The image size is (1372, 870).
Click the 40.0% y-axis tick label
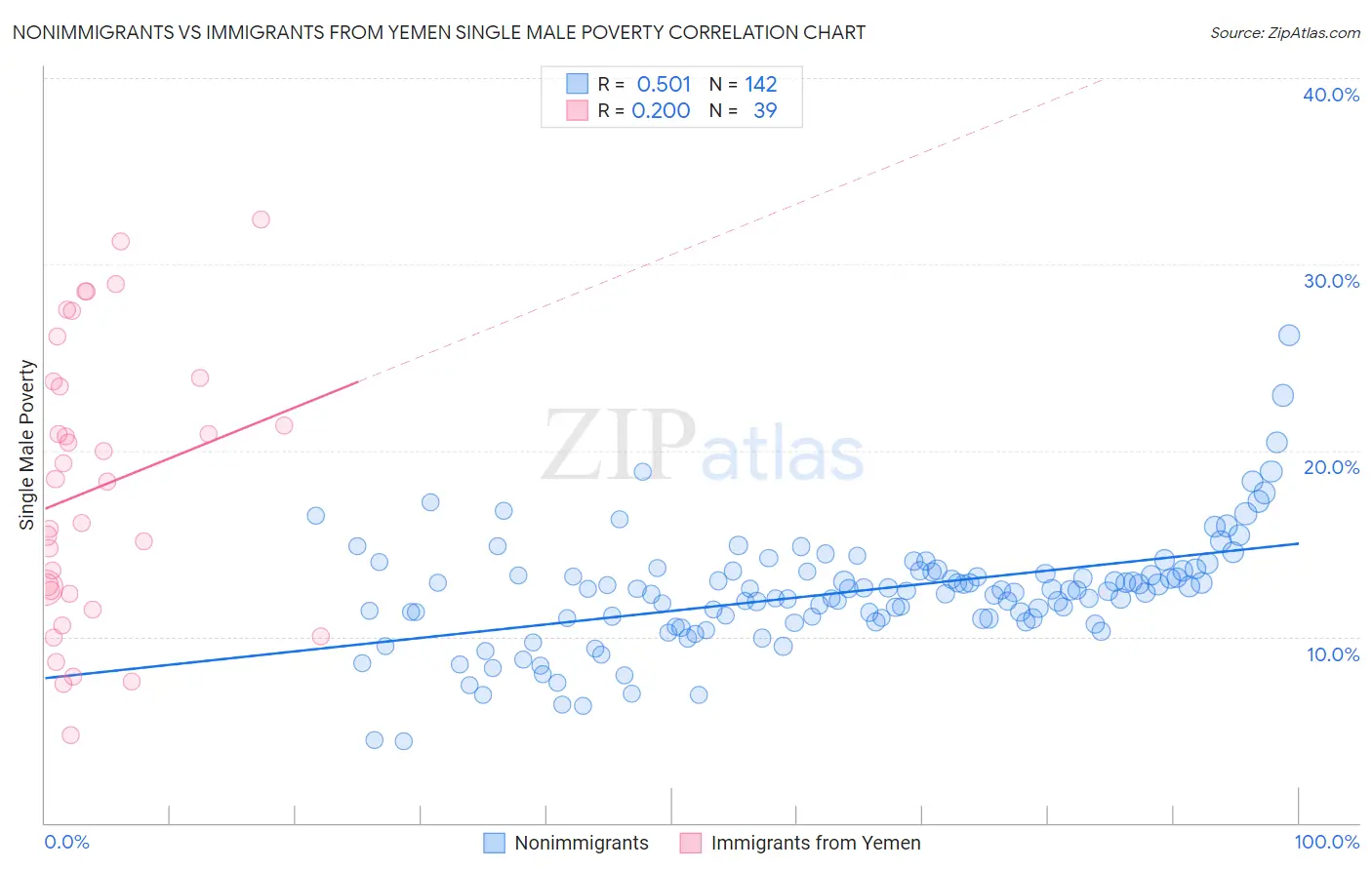pyautogui.click(x=1331, y=95)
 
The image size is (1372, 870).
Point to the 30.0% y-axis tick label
pyautogui.click(x=1331, y=281)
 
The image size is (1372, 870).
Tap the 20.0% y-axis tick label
pyautogui.click(x=1331, y=467)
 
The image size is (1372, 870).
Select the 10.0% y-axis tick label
pyautogui.click(x=1333, y=654)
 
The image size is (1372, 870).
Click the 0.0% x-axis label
pyautogui.click(x=67, y=842)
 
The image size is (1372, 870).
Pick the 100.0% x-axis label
pyautogui.click(x=1326, y=842)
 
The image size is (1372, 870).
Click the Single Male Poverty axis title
pyautogui.click(x=27, y=445)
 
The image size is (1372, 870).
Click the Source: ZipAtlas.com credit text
pyautogui.click(x=1284, y=32)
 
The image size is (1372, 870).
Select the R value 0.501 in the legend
pyautogui.click(x=664, y=84)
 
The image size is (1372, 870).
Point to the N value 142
pyautogui.click(x=760, y=84)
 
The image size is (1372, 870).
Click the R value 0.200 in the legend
pyautogui.click(x=661, y=111)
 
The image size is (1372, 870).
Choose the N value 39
pyautogui.click(x=765, y=111)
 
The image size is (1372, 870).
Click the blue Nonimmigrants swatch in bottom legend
pyautogui.click(x=495, y=843)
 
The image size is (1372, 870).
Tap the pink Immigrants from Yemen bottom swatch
pyautogui.click(x=691, y=843)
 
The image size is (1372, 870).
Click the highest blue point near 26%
pyautogui.click(x=1289, y=336)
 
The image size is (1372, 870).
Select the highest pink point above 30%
pyautogui.click(x=261, y=219)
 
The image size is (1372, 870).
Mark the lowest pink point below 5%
pyautogui.click(x=70, y=735)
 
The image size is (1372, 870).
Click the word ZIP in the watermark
pyautogui.click(x=619, y=445)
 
